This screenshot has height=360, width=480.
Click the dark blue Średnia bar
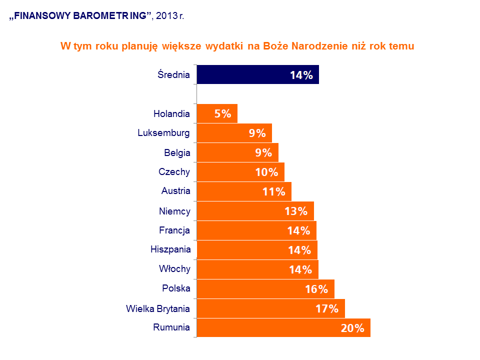(x=257, y=74)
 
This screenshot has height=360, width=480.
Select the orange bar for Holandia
(x=217, y=113)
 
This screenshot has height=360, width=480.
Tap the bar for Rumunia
(x=283, y=328)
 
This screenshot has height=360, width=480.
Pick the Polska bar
(x=265, y=289)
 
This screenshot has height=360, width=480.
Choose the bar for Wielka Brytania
(x=270, y=308)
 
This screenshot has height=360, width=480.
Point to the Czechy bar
(x=240, y=172)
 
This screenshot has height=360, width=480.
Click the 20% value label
(x=352, y=328)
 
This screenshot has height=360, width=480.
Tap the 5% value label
(x=222, y=114)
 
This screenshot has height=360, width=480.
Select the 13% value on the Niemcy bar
(x=295, y=211)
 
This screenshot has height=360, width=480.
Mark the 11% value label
(x=273, y=191)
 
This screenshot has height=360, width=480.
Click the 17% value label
(x=327, y=309)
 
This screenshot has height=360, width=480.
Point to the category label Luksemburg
(x=163, y=133)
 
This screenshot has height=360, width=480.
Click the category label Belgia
(x=177, y=152)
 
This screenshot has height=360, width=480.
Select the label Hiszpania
(x=170, y=249)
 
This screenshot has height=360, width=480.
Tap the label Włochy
(x=174, y=269)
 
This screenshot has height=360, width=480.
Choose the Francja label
(x=174, y=230)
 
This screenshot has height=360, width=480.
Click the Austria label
(x=175, y=191)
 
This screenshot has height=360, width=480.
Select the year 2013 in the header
(x=166, y=16)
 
